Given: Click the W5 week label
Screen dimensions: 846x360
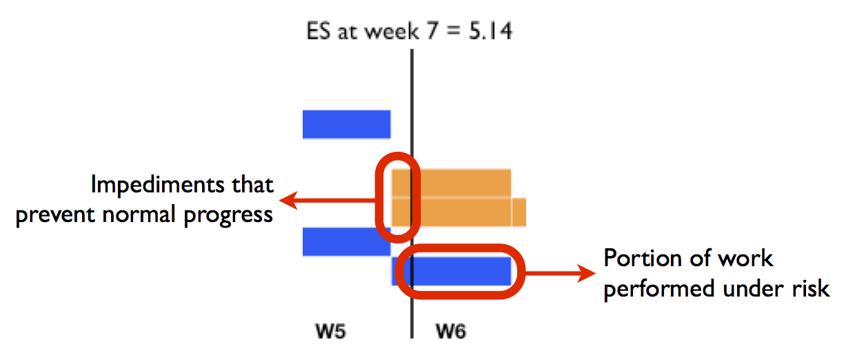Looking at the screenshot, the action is pos(330,331).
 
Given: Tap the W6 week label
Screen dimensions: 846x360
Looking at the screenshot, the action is pos(451,331).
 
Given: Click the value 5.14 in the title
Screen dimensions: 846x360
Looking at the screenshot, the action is pos(490,31).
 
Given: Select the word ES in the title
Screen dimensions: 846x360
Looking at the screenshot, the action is pos(319,31).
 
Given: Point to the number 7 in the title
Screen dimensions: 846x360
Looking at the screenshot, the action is pos(432,31).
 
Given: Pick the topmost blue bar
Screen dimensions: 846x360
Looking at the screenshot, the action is pos(346,124).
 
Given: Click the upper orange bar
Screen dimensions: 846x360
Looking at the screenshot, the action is pos(452,183).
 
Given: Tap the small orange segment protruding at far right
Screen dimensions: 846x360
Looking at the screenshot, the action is pos(519,212).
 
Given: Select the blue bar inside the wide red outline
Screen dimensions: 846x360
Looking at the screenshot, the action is pos(452,271).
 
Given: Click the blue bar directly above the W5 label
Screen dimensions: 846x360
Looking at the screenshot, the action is pos(346,242).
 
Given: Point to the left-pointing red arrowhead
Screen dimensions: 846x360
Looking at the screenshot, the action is pos(289,200).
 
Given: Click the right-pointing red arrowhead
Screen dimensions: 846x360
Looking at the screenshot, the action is pos(586,272).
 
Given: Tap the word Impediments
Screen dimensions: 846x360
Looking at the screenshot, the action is pos(158,185).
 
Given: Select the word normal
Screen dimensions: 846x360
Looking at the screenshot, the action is pos(139,215).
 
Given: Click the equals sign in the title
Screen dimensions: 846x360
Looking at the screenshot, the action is pos(454,31).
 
